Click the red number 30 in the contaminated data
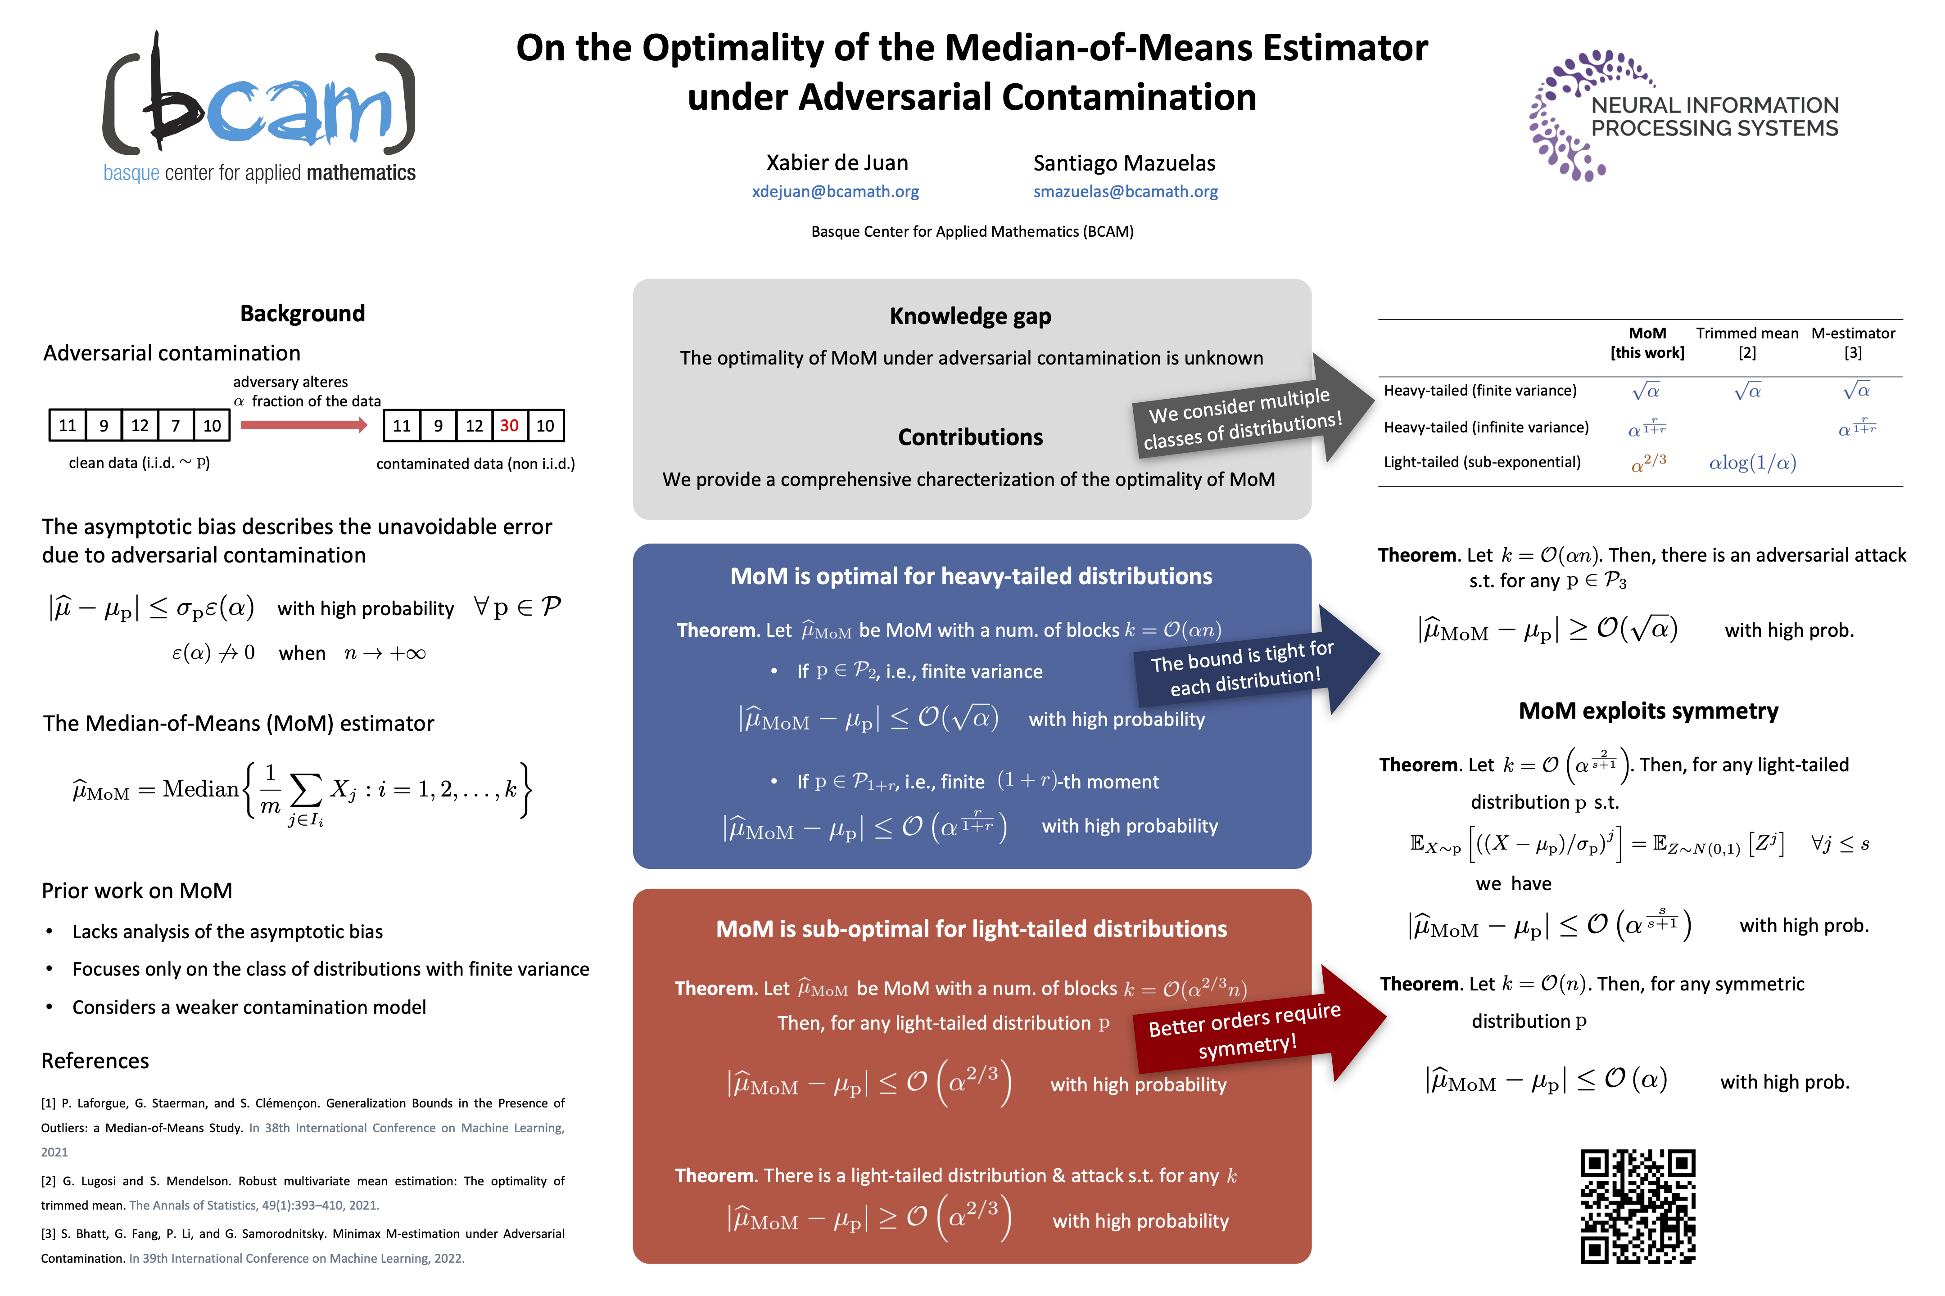tap(509, 426)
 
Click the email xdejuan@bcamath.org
tap(835, 192)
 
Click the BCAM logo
tap(259, 108)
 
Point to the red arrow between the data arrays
tap(303, 425)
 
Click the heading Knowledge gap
tap(970, 316)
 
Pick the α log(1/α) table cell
tap(1752, 463)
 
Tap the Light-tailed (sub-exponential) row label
tap(1482, 462)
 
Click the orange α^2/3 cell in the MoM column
tap(1648, 463)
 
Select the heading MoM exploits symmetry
tap(1648, 711)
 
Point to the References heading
tap(95, 1061)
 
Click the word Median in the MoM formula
tap(200, 789)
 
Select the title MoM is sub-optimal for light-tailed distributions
tap(971, 929)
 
